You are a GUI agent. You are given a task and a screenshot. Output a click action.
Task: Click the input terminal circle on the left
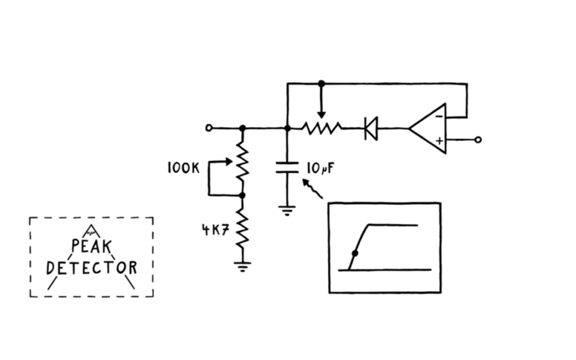pyautogui.click(x=209, y=128)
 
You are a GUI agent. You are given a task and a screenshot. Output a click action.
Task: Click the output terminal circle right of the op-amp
pyautogui.click(x=478, y=140)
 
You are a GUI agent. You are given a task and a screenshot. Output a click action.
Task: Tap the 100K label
pyautogui.click(x=183, y=168)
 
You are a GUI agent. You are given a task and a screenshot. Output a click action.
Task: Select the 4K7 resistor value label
pyautogui.click(x=215, y=230)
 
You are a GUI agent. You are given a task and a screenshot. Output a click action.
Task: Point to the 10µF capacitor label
pyautogui.click(x=320, y=169)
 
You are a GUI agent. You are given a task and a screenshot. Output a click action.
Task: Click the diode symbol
pyautogui.click(x=371, y=128)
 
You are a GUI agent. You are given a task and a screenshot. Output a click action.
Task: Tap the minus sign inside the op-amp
pyautogui.click(x=438, y=116)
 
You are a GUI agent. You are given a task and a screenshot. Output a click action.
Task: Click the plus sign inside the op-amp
pyautogui.click(x=439, y=140)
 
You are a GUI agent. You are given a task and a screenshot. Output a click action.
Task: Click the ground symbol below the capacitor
pyautogui.click(x=287, y=210)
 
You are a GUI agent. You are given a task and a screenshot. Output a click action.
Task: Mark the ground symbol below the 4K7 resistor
pyautogui.click(x=243, y=266)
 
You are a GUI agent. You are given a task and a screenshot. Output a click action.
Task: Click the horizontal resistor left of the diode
pyautogui.click(x=321, y=128)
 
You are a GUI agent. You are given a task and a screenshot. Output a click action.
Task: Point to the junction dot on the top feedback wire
pyautogui.click(x=321, y=83)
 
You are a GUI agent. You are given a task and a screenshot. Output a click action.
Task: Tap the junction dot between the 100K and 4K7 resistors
pyautogui.click(x=242, y=196)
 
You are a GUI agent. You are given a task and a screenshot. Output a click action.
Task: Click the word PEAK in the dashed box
pyautogui.click(x=91, y=246)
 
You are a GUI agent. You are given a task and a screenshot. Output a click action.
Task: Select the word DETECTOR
pyautogui.click(x=91, y=267)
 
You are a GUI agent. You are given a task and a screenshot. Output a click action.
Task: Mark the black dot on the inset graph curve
pyautogui.click(x=355, y=253)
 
